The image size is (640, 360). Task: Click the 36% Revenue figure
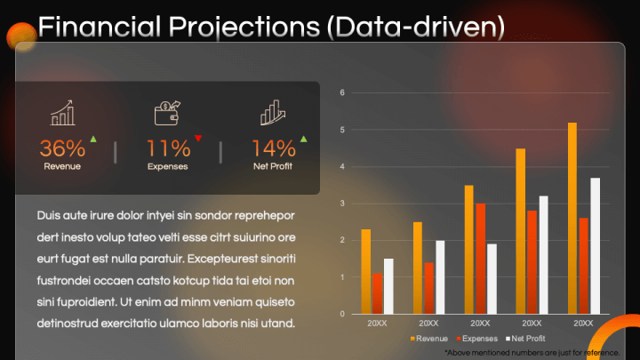click(62, 148)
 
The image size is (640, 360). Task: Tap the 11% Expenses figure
click(168, 148)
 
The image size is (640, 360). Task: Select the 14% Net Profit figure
click(273, 148)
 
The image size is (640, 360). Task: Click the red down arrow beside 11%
click(198, 139)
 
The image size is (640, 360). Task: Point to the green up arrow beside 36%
click(93, 140)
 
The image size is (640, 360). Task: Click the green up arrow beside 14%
click(303, 140)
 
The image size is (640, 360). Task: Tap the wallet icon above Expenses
click(167, 113)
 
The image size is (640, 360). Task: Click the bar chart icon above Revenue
click(62, 113)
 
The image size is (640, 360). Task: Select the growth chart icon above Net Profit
click(273, 113)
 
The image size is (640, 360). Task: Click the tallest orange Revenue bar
click(572, 218)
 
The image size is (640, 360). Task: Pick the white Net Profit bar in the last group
click(595, 245)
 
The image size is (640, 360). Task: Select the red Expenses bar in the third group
click(480, 258)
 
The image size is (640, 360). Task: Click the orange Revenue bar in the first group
click(365, 271)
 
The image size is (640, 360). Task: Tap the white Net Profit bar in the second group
click(440, 276)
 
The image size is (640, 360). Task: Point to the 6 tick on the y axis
click(341, 92)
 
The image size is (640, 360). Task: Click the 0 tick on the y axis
click(341, 314)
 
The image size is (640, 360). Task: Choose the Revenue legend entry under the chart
click(429, 339)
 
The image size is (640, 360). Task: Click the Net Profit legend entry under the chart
click(524, 339)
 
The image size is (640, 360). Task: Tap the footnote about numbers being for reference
click(531, 352)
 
